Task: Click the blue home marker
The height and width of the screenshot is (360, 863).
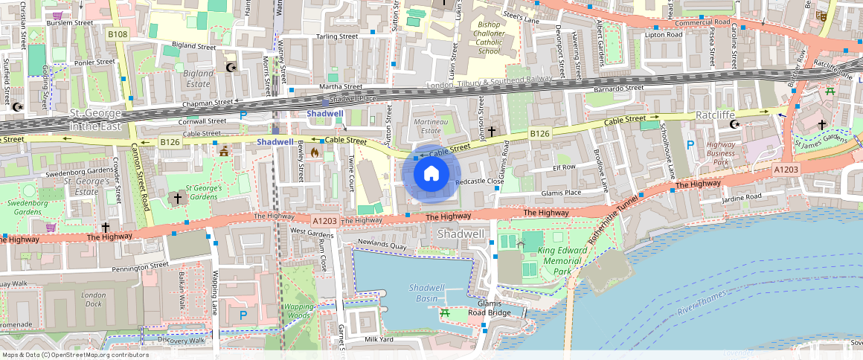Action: click(431, 174)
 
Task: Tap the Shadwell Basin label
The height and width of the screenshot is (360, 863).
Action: click(427, 292)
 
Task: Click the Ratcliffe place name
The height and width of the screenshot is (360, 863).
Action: click(715, 115)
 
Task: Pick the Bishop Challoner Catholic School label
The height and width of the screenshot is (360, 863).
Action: click(489, 38)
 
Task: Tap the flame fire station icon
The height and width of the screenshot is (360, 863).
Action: click(315, 152)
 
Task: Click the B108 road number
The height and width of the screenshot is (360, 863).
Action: click(118, 34)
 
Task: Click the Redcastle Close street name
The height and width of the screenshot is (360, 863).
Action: click(479, 181)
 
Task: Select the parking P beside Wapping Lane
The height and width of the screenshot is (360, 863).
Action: click(243, 315)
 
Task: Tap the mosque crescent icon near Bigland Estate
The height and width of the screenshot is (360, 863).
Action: click(231, 68)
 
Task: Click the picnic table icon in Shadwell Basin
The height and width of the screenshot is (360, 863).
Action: click(445, 313)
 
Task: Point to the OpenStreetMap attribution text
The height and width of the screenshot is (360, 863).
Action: click(74, 355)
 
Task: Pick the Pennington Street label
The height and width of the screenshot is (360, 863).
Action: click(140, 266)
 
